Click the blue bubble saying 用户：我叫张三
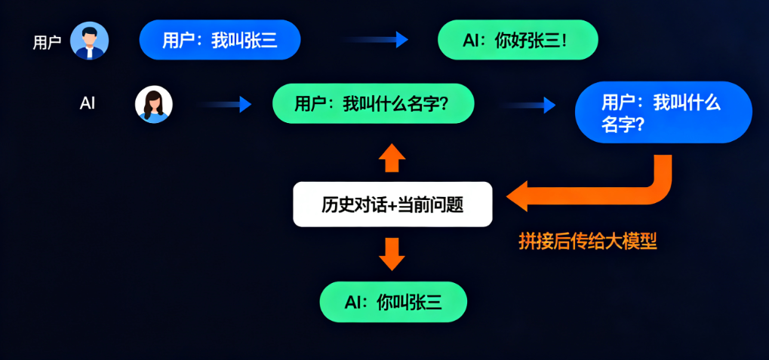coord(220,40)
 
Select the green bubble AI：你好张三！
coord(518,40)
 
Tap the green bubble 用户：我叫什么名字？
coord(373,103)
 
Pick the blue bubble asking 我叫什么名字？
coord(663,112)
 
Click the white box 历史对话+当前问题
coord(392,205)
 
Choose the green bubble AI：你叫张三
coord(393,302)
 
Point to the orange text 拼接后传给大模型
coord(588,242)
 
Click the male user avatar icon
coord(89,40)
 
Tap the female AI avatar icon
coord(153,104)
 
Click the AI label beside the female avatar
coord(88,103)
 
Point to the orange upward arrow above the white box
coord(392,158)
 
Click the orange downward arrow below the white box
coord(392,254)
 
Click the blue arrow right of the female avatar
coord(226,104)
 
